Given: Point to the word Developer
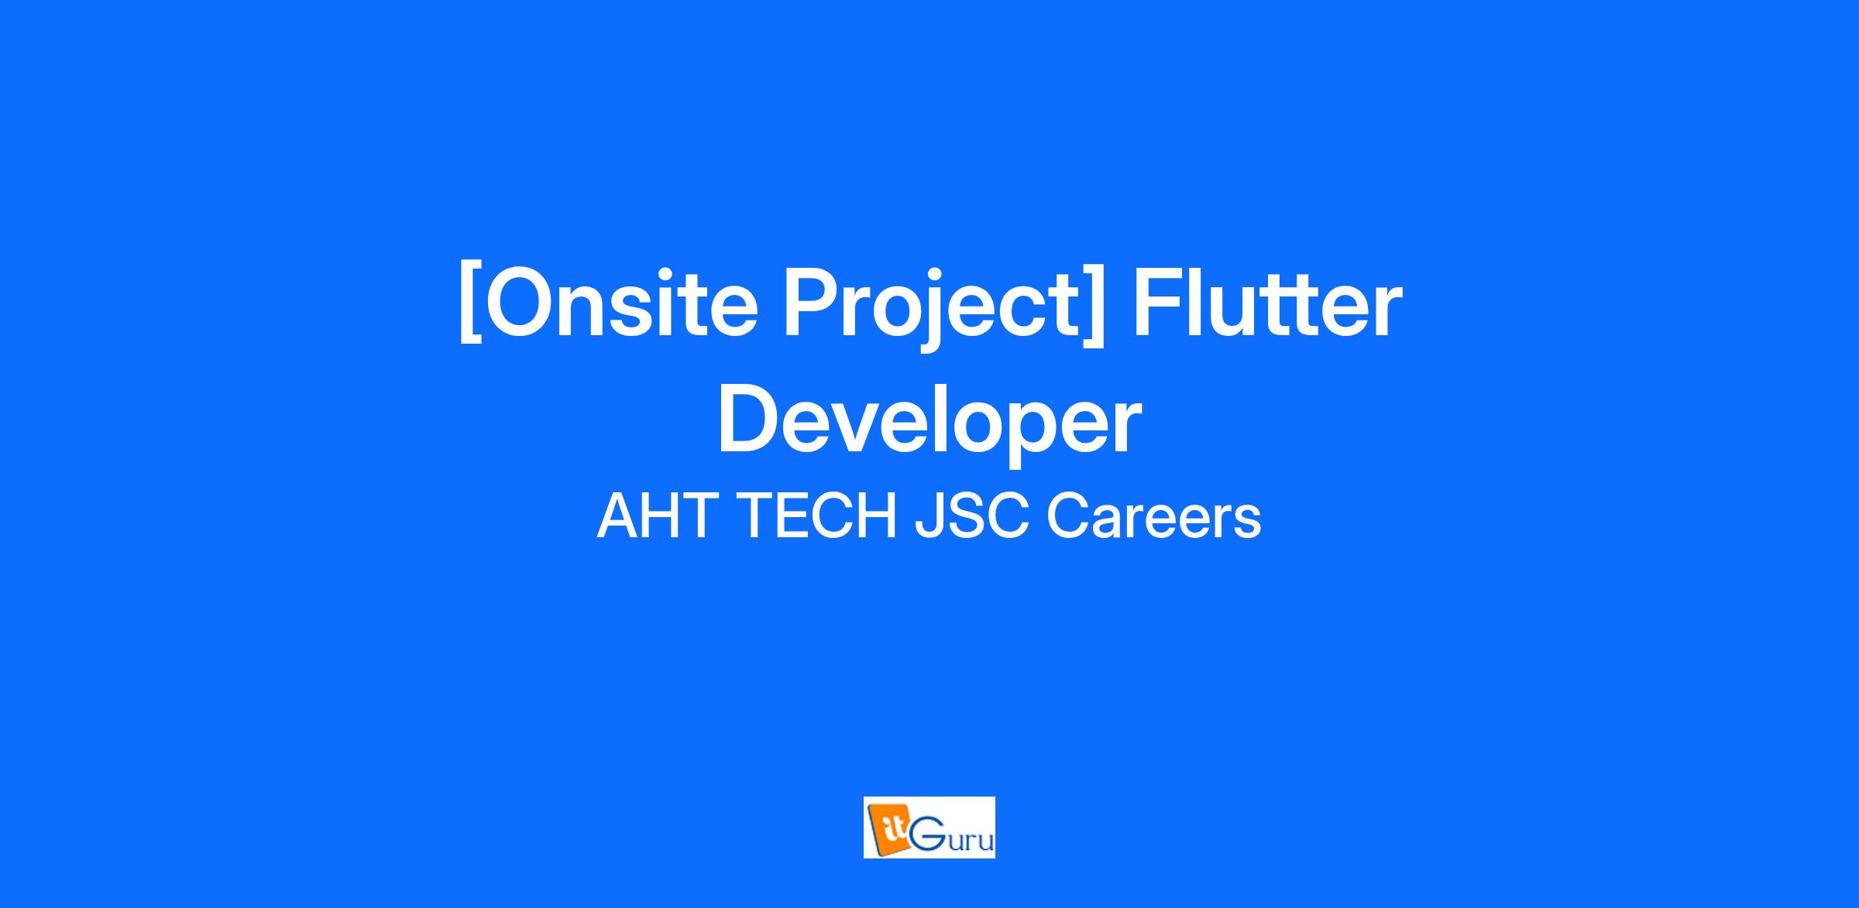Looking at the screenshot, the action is point(929,422).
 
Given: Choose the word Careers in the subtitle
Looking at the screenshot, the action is point(1154,516).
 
